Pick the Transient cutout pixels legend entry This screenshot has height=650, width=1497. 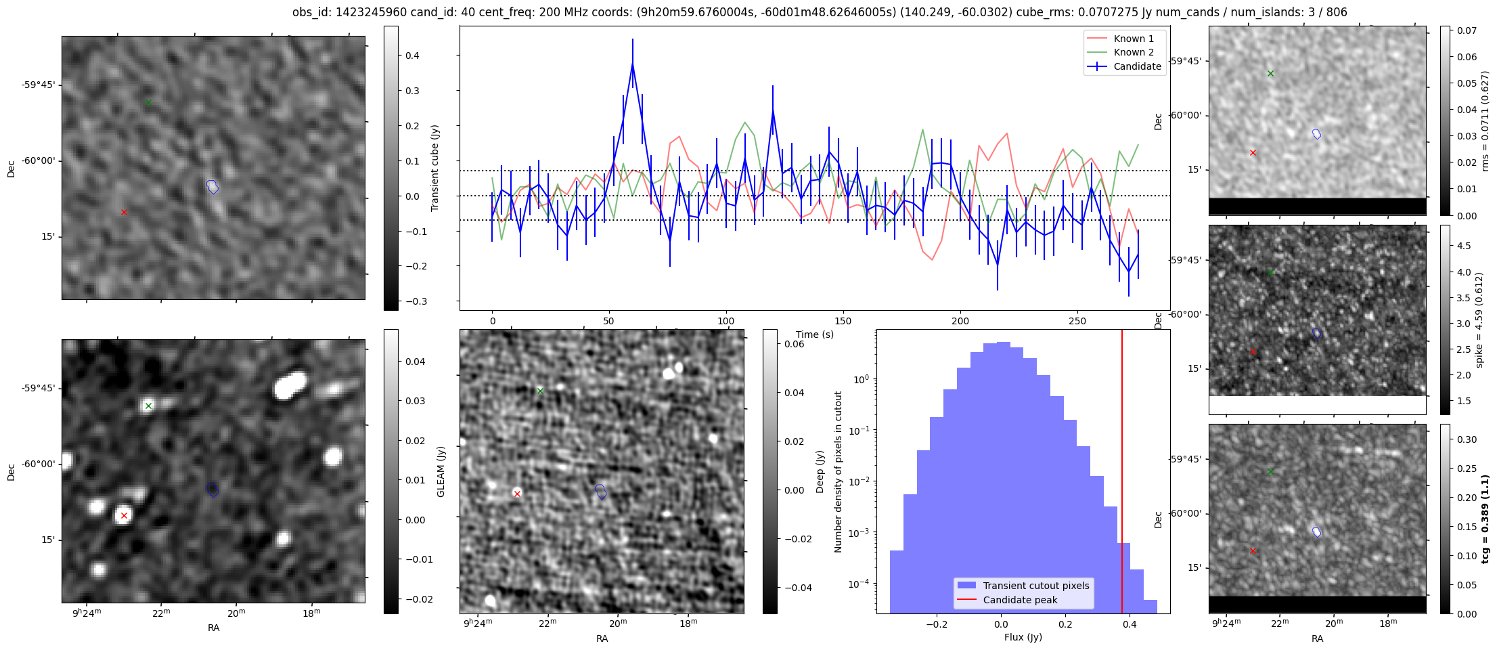(1035, 586)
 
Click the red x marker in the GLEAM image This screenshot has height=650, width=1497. (124, 516)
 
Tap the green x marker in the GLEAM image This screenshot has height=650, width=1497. (148, 406)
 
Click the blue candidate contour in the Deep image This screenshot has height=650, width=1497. (601, 492)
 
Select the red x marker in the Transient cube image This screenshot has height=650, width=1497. (124, 213)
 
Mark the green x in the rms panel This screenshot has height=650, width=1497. (1270, 74)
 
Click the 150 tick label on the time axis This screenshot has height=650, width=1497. (843, 321)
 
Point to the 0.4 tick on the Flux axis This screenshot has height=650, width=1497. (1130, 624)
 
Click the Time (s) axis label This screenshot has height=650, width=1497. (814, 334)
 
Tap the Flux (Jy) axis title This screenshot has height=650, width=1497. (1023, 637)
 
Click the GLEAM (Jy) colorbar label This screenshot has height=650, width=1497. (441, 471)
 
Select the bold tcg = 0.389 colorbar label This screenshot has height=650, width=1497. (1485, 519)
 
